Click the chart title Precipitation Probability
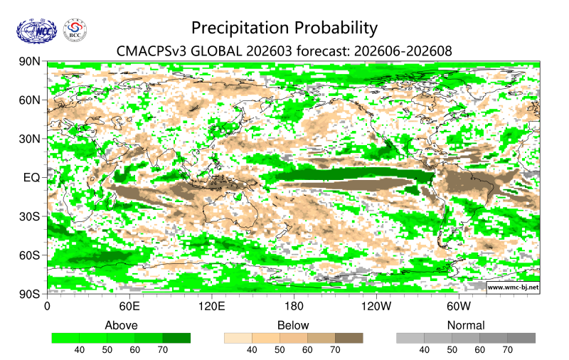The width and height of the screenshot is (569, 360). click(x=284, y=28)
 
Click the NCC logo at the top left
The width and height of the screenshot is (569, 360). click(x=34, y=30)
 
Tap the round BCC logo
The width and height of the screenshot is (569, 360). click(x=76, y=30)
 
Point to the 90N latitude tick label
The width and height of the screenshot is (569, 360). click(x=32, y=63)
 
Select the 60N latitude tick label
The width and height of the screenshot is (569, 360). click(x=32, y=100)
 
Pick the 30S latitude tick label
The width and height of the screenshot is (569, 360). click(x=32, y=216)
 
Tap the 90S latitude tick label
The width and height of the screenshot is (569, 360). click(x=32, y=292)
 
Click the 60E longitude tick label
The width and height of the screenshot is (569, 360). click(x=129, y=307)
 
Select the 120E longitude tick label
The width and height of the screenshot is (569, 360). click(x=211, y=307)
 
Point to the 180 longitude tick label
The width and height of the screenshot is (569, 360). click(x=294, y=307)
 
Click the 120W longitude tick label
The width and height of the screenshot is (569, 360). click(x=376, y=307)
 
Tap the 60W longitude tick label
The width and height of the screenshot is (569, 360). click(x=459, y=307)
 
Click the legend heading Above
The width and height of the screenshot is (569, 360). click(x=121, y=325)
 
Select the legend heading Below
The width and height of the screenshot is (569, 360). click(x=293, y=325)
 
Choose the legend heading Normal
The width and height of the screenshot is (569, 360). click(x=466, y=325)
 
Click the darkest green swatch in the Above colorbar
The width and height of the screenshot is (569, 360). click(x=176, y=338)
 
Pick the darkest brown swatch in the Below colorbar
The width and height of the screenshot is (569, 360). click(x=349, y=338)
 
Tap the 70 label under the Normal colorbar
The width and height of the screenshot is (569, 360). click(x=507, y=350)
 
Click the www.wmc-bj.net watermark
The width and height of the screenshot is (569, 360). click(x=512, y=287)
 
